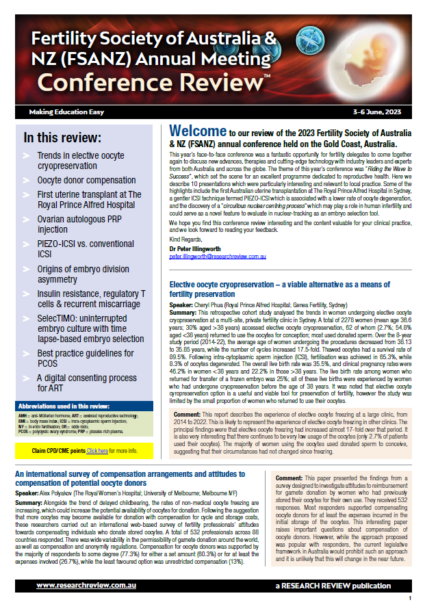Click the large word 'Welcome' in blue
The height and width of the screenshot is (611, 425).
pyautogui.click(x=198, y=131)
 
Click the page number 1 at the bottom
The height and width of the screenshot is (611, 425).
pyautogui.click(x=409, y=599)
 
